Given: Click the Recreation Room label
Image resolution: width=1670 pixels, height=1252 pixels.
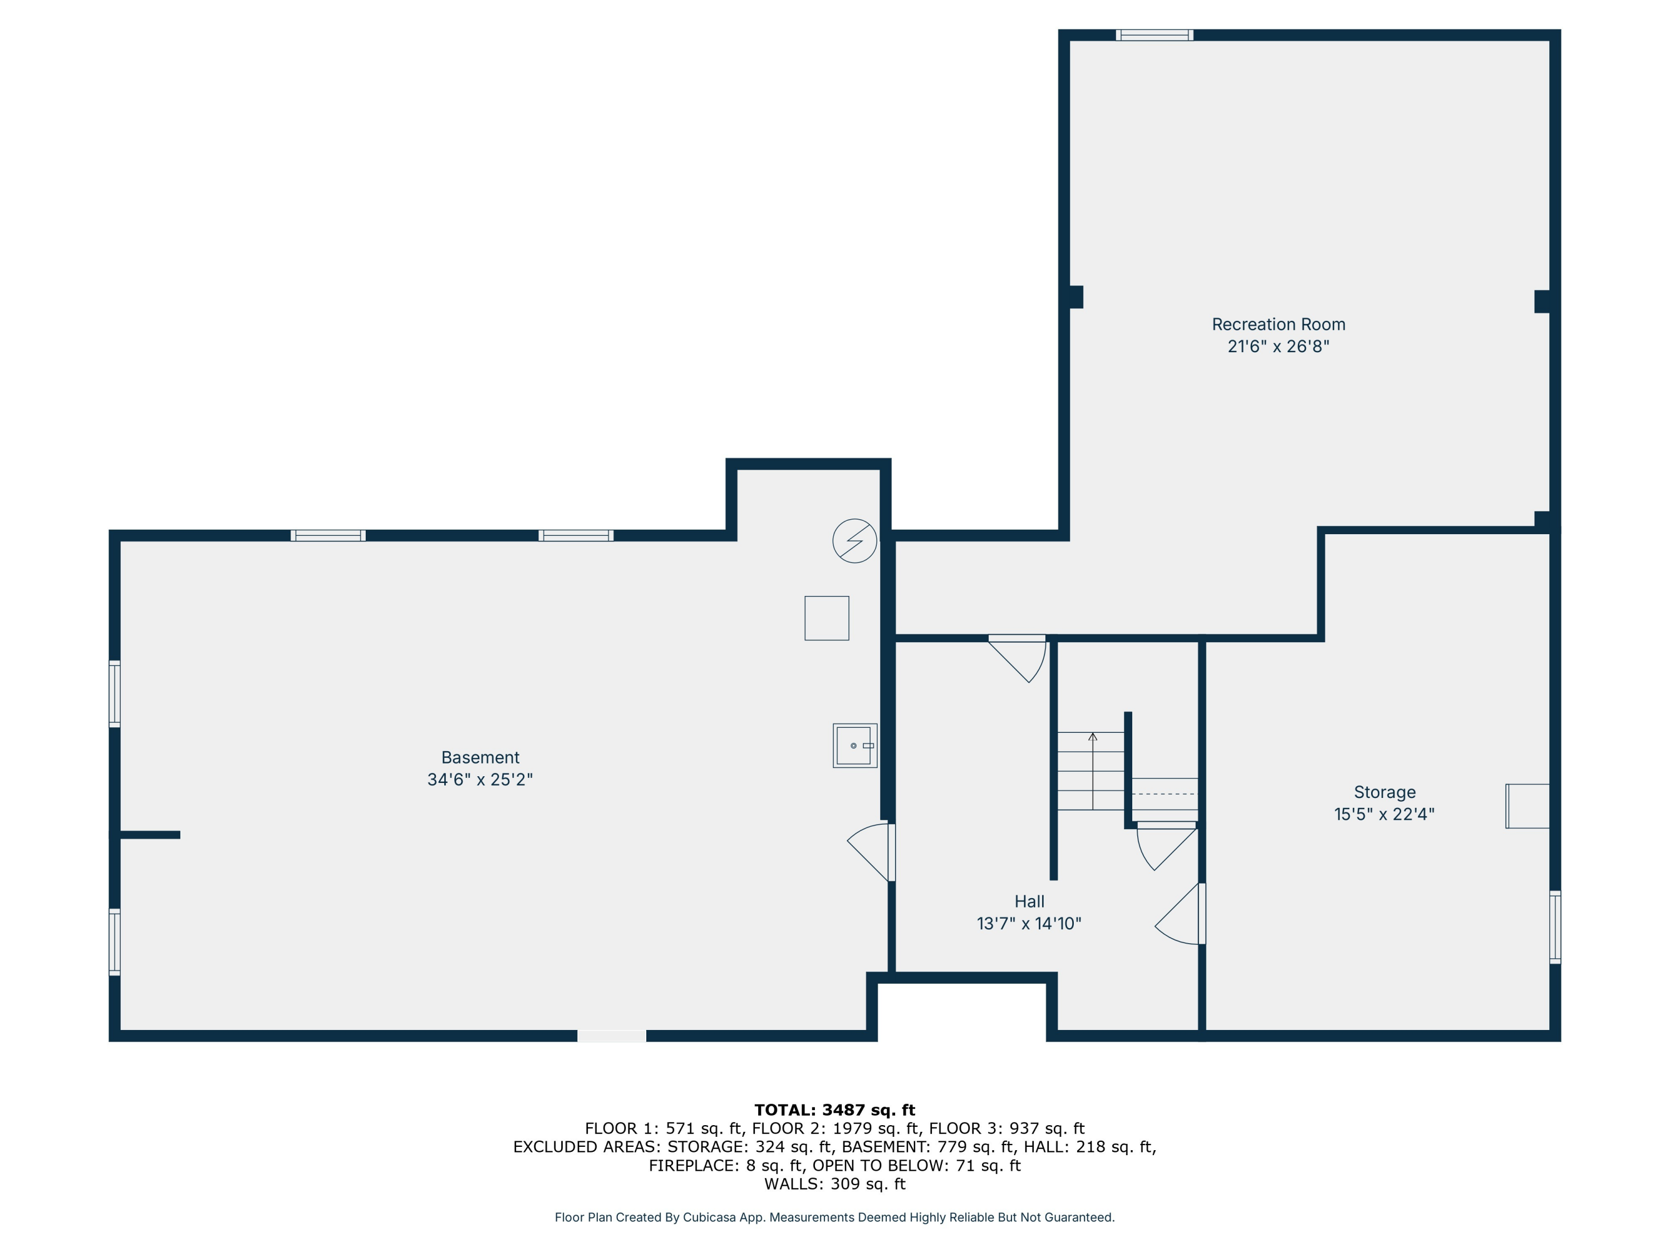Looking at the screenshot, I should click(x=1278, y=324).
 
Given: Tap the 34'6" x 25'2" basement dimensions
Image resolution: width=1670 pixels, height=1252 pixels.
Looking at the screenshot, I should click(x=480, y=780).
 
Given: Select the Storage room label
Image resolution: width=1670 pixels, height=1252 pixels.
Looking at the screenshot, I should click(x=1384, y=792).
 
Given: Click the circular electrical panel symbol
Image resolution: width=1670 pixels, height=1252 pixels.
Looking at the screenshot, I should click(x=854, y=540).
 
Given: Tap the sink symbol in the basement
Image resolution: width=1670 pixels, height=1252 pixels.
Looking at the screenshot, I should click(x=854, y=746).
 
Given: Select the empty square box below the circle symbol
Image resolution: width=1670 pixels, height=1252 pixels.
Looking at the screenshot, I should click(x=827, y=618).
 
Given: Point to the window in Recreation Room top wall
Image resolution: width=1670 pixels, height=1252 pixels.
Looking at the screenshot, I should click(x=1155, y=34).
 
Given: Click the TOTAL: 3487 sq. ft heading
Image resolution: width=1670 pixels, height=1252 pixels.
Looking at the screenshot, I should click(x=834, y=1110).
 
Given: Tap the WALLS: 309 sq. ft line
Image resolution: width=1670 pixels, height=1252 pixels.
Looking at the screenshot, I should click(x=834, y=1184).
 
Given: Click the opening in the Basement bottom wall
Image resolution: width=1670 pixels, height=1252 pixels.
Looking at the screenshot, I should click(x=612, y=1036).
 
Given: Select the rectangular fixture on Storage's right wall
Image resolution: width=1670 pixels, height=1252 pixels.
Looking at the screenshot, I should click(x=1527, y=806).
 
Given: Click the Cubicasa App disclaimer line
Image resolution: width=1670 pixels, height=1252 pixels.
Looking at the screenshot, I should click(x=834, y=1218).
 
